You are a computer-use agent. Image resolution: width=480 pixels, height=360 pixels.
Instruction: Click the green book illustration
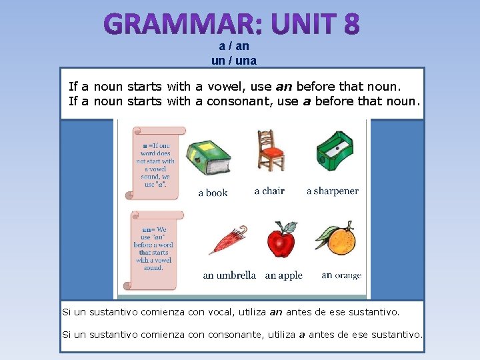(x=207, y=159)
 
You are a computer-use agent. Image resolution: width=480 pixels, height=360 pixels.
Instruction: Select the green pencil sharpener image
(x=335, y=149)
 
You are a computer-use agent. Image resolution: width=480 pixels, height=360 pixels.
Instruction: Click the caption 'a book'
(x=213, y=193)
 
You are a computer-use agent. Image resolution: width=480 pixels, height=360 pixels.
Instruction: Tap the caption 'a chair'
(x=269, y=191)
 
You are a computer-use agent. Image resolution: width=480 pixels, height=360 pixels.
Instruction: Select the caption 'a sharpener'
(x=332, y=191)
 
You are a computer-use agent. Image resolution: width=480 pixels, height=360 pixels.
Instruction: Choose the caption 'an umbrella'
(x=229, y=275)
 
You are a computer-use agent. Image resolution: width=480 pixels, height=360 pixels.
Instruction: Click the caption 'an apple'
(x=283, y=275)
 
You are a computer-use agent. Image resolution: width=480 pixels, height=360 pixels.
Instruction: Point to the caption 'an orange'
(x=341, y=275)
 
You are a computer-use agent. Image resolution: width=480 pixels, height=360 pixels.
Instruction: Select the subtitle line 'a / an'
(x=233, y=47)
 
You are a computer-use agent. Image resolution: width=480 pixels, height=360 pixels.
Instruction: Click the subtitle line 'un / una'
(x=233, y=61)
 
